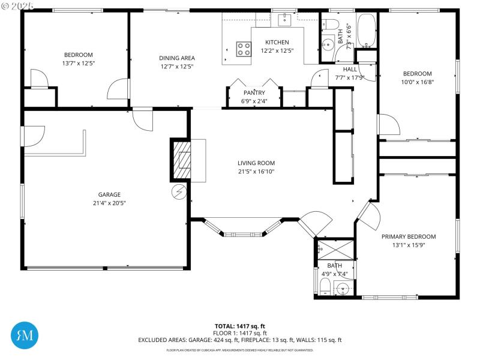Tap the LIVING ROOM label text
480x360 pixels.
pyautogui.click(x=256, y=163)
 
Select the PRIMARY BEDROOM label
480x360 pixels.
pyautogui.click(x=409, y=236)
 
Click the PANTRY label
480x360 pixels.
pyautogui.click(x=254, y=93)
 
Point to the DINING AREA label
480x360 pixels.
pyautogui.click(x=177, y=58)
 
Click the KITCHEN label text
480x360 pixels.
pyautogui.click(x=277, y=43)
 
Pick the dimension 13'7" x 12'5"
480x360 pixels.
pyautogui.click(x=79, y=63)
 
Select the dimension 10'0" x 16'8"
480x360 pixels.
pyautogui.click(x=417, y=82)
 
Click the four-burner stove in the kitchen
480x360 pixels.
pyautogui.click(x=244, y=49)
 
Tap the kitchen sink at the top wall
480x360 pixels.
pyautogui.click(x=284, y=20)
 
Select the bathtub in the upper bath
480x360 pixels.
pyautogui.click(x=367, y=30)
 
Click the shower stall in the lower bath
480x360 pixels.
pyautogui.click(x=328, y=248)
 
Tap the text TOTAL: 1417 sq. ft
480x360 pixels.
pyautogui.click(x=239, y=326)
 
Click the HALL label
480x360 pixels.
pyautogui.click(x=350, y=69)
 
